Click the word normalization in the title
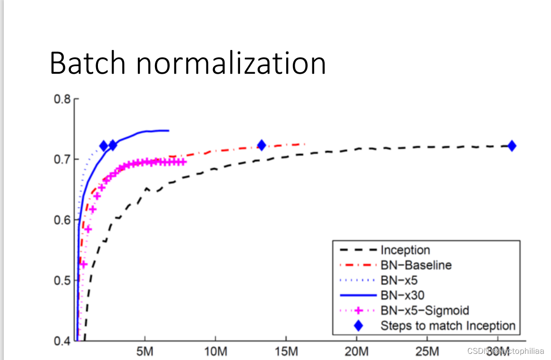(232, 63)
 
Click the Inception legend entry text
(405, 250)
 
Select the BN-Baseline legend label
(416, 265)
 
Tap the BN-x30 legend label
(402, 295)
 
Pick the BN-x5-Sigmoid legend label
(425, 311)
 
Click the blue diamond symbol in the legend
(358, 326)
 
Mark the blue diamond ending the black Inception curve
(512, 146)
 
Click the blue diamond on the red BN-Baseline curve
(261, 146)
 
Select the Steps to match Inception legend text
(448, 326)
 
